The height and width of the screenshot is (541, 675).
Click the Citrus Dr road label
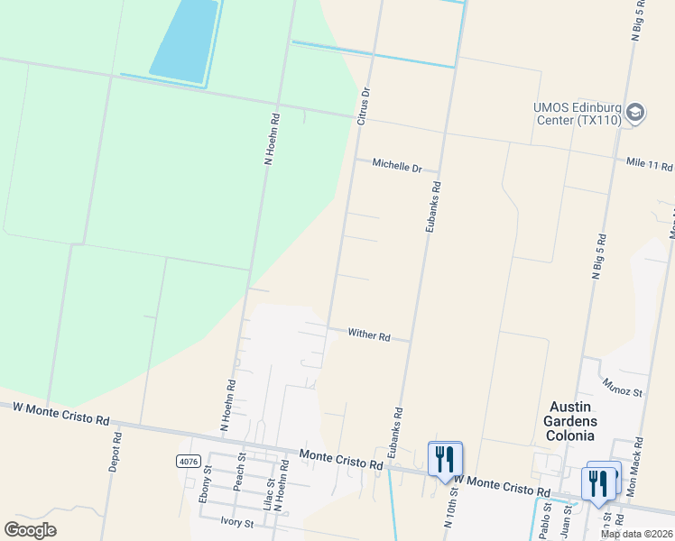[x=365, y=105]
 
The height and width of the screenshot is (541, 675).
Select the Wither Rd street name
[x=369, y=336]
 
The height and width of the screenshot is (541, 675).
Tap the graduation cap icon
[x=634, y=112]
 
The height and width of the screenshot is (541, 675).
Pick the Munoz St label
[x=623, y=390]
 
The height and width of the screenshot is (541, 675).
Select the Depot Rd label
[x=116, y=453]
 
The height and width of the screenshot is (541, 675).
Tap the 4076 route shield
[x=188, y=461]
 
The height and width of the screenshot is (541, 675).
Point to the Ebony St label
[x=206, y=475]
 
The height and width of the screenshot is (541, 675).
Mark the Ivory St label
[x=236, y=520]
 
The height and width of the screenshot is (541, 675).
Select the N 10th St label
[x=449, y=509]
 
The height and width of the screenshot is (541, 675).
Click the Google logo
[x=30, y=530]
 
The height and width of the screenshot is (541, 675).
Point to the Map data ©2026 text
[x=637, y=534]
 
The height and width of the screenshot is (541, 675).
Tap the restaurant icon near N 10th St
[x=444, y=459]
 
